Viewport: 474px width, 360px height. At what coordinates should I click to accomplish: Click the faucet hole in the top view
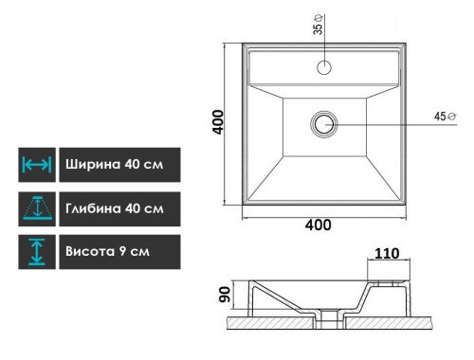pos(324,67)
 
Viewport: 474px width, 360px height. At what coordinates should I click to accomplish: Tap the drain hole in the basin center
pos(324,124)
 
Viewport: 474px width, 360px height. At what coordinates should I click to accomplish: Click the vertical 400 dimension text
pos(218,122)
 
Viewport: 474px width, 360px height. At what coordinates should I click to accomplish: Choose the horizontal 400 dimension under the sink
pos(319,225)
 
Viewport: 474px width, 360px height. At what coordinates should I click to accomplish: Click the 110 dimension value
pos(387,253)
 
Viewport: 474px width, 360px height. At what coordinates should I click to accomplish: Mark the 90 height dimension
pos(225,295)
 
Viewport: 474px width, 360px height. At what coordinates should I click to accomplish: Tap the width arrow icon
pos(37,165)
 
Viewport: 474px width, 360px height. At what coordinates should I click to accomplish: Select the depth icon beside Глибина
pos(37,208)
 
